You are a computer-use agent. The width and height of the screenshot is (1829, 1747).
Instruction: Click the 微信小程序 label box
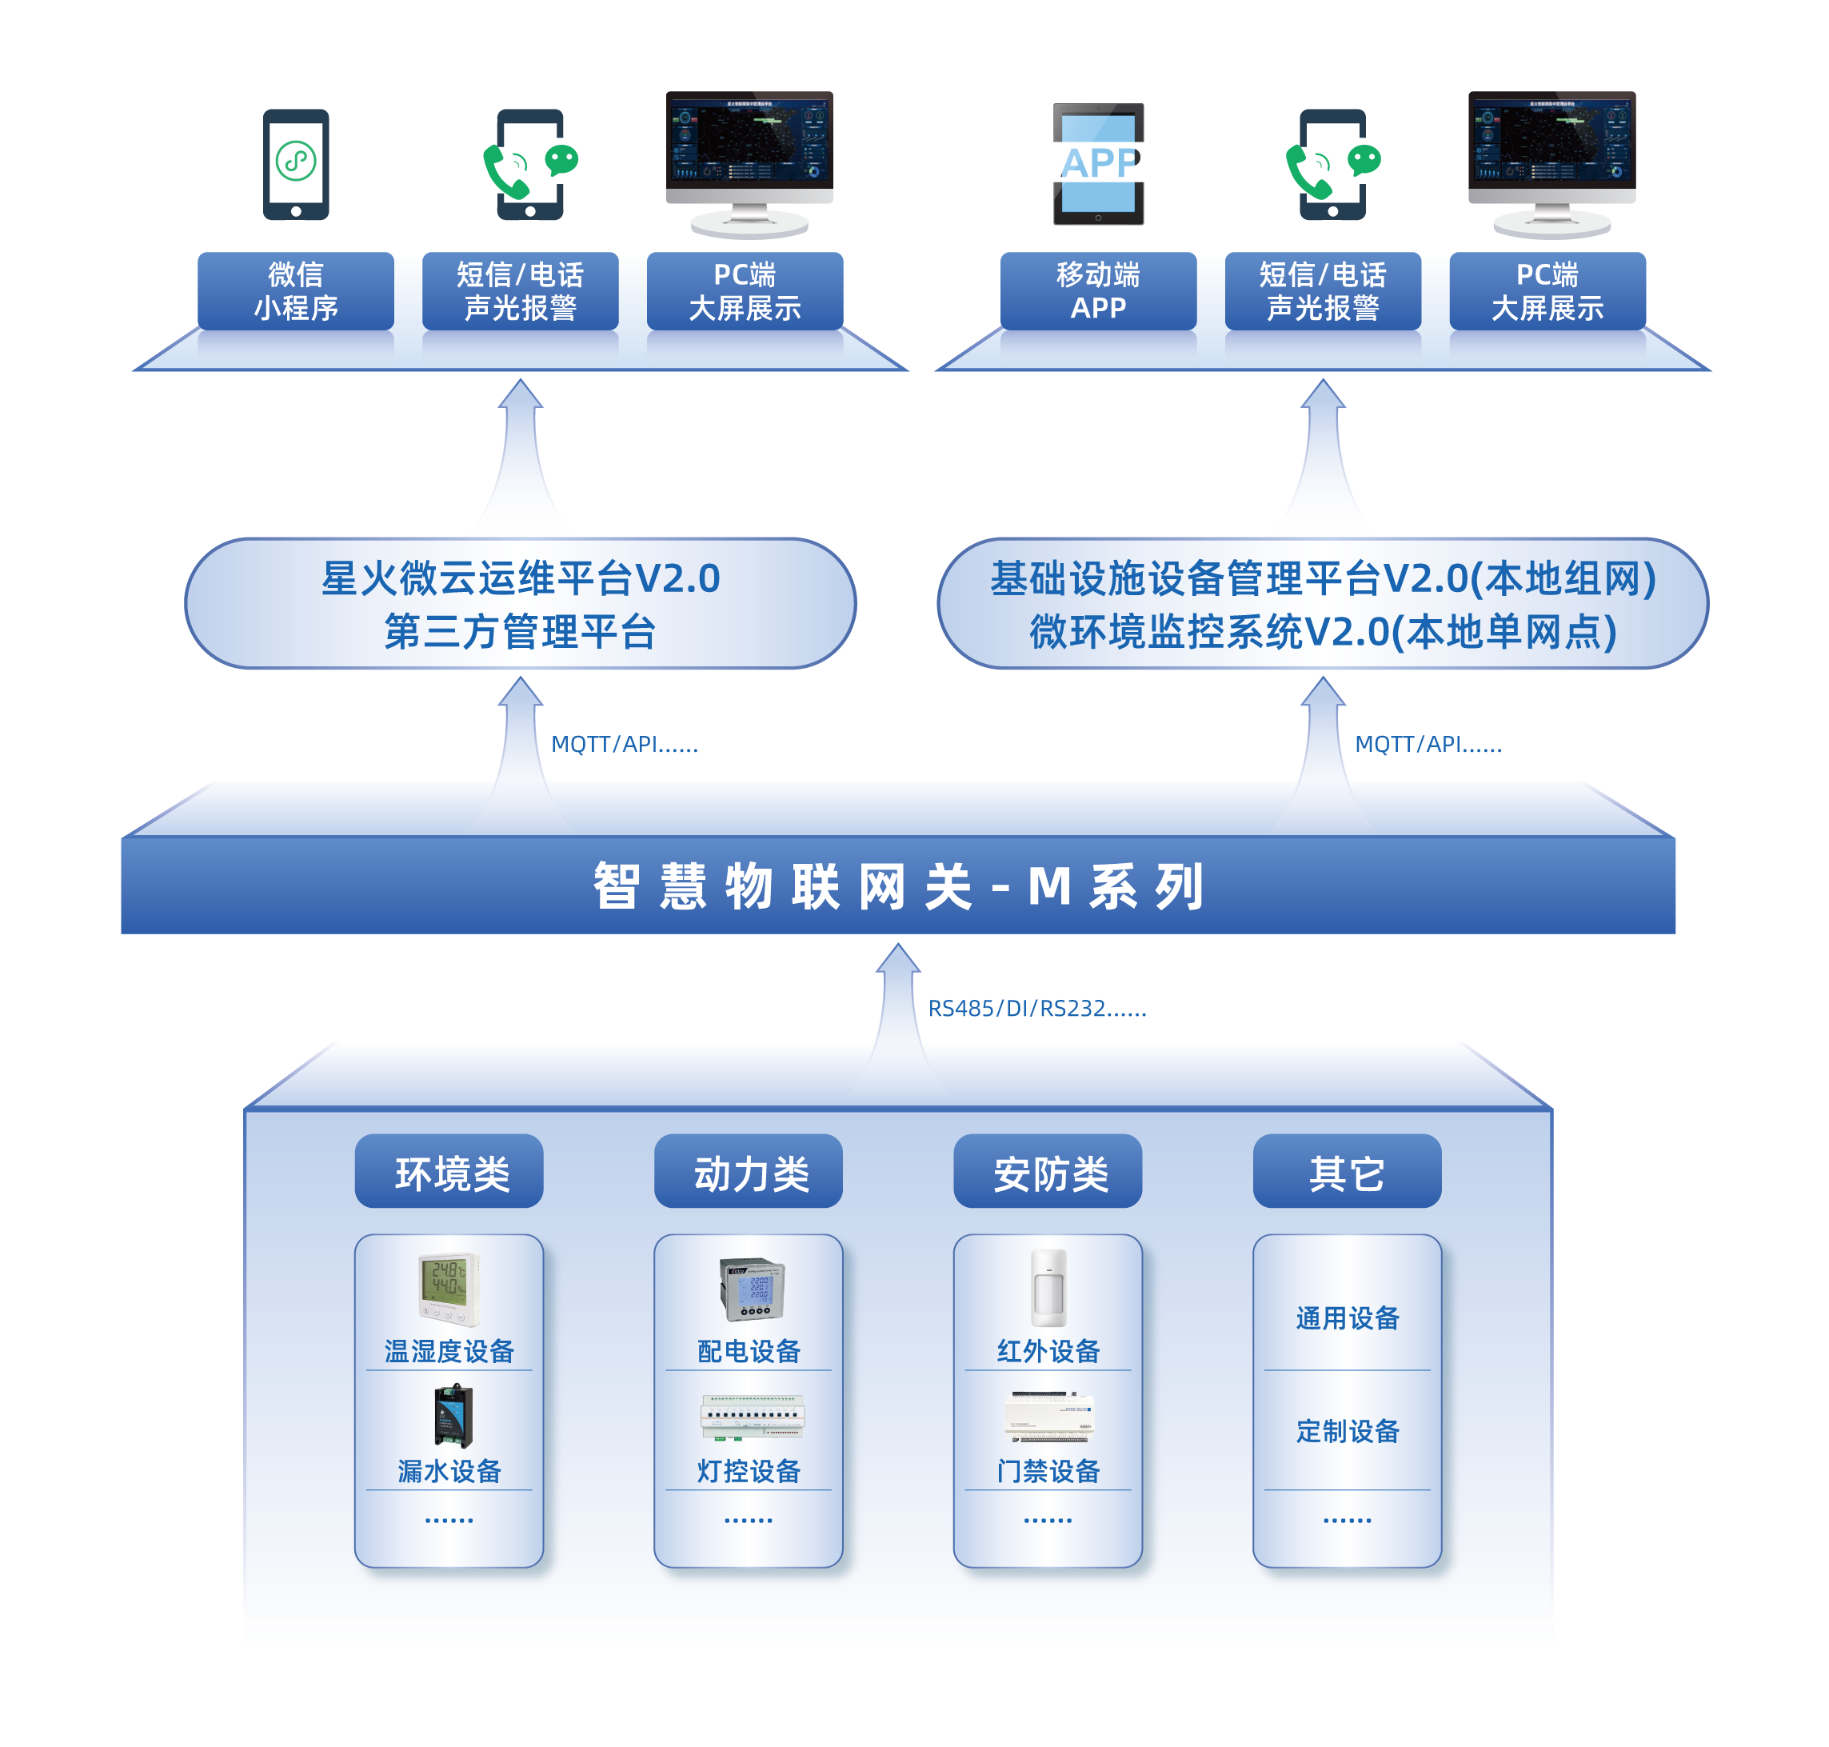click(x=295, y=291)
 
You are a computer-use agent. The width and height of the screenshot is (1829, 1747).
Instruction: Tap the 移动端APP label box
click(x=1098, y=291)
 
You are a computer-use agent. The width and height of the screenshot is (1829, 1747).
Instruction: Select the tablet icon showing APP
click(x=1099, y=164)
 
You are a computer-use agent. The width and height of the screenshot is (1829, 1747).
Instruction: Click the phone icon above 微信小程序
click(x=295, y=165)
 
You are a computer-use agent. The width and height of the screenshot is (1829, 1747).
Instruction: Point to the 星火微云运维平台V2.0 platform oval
click(x=520, y=603)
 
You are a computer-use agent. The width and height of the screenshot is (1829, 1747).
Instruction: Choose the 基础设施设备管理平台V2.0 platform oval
click(x=1323, y=603)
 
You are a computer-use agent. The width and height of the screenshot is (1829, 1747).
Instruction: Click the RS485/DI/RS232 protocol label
click(x=1036, y=1009)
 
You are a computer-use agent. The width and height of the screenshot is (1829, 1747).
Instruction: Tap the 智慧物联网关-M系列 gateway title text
click(x=899, y=885)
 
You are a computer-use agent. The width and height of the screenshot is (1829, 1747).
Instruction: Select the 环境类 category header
click(x=449, y=1172)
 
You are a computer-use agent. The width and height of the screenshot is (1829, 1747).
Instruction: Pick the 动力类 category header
click(x=749, y=1172)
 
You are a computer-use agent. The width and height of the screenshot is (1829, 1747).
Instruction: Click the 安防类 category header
click(x=1048, y=1172)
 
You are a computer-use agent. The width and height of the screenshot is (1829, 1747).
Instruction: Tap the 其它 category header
click(x=1347, y=1172)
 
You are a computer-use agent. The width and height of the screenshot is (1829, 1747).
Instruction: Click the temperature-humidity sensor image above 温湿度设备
click(x=449, y=1289)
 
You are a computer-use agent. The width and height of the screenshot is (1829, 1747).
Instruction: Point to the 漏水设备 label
click(x=449, y=1471)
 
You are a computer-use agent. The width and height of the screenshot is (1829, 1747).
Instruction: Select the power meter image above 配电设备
click(x=752, y=1289)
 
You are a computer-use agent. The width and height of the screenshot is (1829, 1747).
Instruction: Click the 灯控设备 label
click(x=749, y=1471)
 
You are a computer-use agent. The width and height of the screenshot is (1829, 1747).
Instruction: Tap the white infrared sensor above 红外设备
click(x=1048, y=1288)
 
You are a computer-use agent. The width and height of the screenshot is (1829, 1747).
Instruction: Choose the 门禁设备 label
click(x=1048, y=1471)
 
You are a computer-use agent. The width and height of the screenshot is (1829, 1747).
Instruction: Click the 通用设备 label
click(x=1348, y=1318)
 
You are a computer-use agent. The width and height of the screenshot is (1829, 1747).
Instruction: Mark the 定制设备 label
click(x=1348, y=1431)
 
